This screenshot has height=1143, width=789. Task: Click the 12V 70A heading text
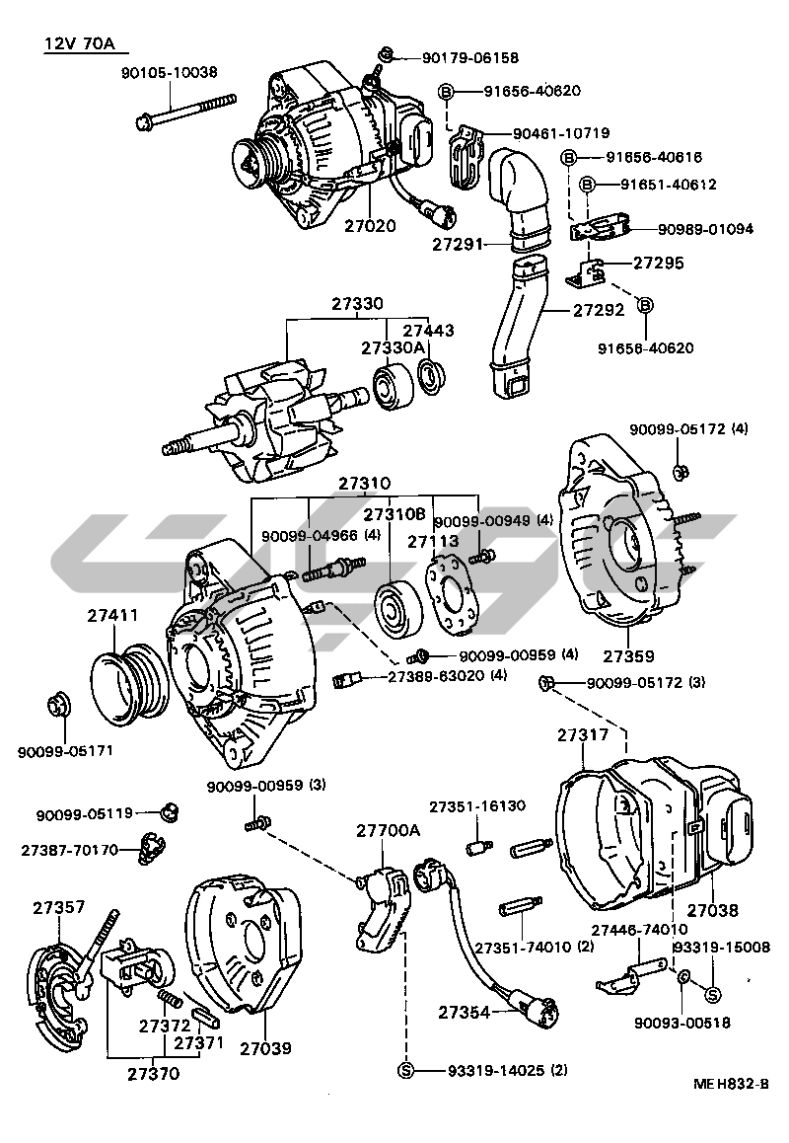pyautogui.click(x=86, y=44)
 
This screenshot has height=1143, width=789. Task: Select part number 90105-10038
pyautogui.click(x=170, y=72)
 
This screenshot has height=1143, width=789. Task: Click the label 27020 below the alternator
pyautogui.click(x=370, y=225)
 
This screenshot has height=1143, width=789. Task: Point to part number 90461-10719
pyautogui.click(x=560, y=133)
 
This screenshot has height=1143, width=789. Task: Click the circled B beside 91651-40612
pyautogui.click(x=587, y=185)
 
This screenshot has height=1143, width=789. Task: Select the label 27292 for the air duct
pyautogui.click(x=600, y=309)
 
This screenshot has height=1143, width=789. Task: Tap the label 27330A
pyautogui.click(x=393, y=347)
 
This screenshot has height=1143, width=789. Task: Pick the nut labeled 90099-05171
pyautogui.click(x=56, y=707)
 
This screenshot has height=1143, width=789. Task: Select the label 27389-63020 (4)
pyautogui.click(x=447, y=676)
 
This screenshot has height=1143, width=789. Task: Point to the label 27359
pyautogui.click(x=628, y=655)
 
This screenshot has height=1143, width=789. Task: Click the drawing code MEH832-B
pyautogui.click(x=730, y=1083)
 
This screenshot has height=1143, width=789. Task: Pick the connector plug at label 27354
pyautogui.click(x=541, y=1013)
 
